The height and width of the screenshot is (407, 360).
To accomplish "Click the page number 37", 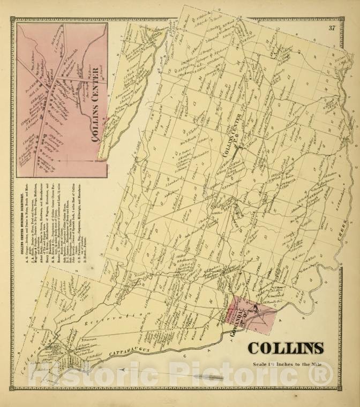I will pyautogui.click(x=332, y=28).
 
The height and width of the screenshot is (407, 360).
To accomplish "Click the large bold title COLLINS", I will pyautogui.click(x=286, y=348).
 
